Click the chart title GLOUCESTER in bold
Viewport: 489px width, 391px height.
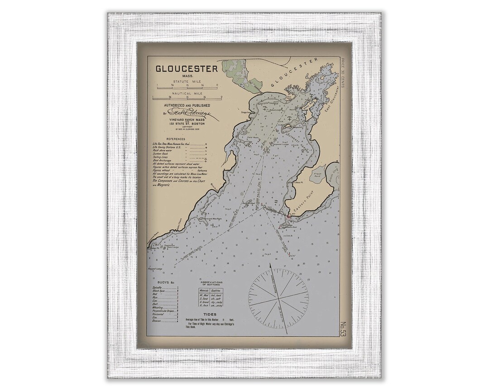pyautogui.click(x=187, y=69)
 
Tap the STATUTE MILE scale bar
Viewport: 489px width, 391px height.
pyautogui.click(x=187, y=85)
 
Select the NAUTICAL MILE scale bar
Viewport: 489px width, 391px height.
pyautogui.click(x=187, y=97)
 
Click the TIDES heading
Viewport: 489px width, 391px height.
pyautogui.click(x=210, y=314)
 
